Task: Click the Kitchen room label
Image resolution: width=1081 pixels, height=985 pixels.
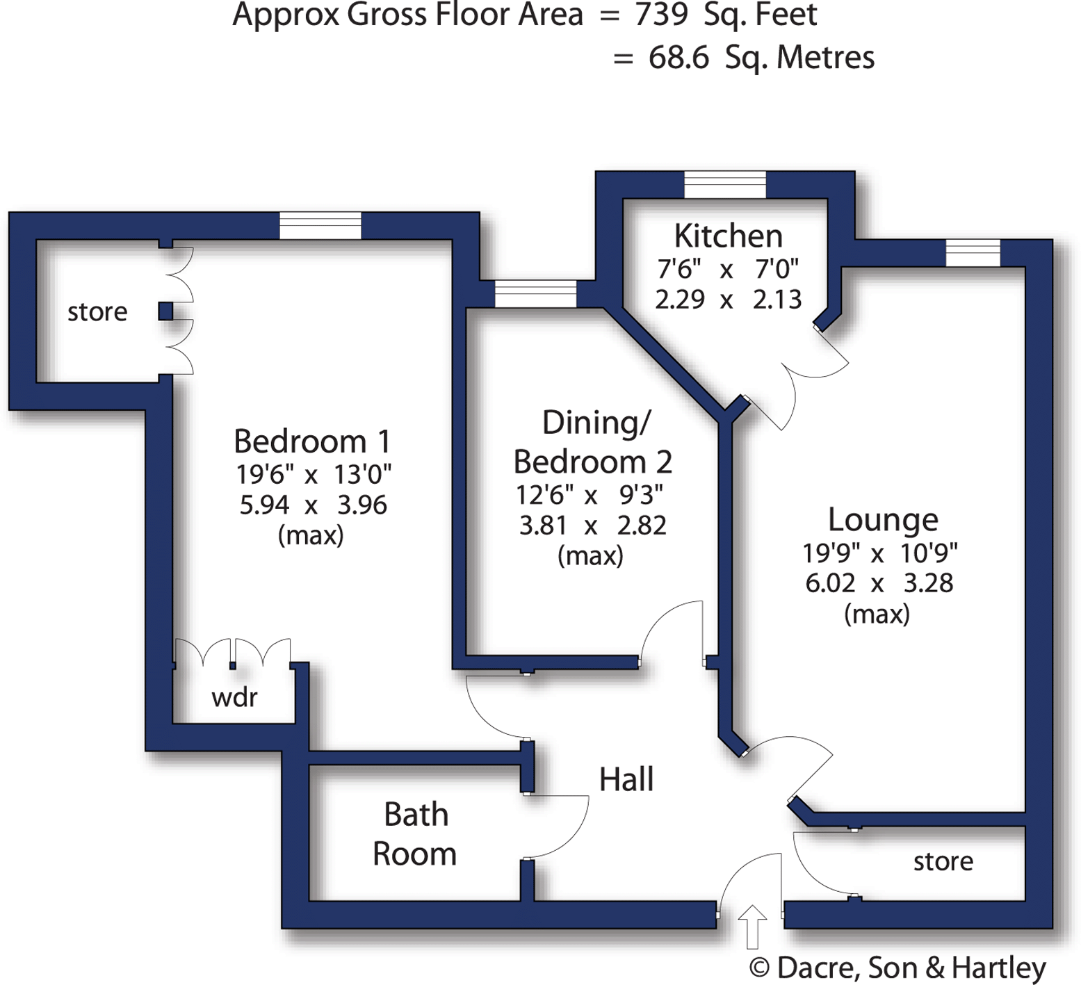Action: (x=728, y=236)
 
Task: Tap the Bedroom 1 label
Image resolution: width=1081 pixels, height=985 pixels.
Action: (x=312, y=441)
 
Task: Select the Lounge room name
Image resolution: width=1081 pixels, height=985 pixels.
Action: (x=882, y=519)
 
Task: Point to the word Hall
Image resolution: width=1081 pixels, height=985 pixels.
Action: (x=626, y=779)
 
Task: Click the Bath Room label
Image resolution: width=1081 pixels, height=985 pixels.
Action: (x=415, y=834)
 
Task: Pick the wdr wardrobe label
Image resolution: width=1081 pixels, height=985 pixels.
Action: (x=234, y=697)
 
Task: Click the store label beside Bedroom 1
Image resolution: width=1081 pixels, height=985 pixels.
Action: (x=97, y=312)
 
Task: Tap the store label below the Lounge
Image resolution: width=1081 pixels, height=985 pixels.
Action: (x=943, y=861)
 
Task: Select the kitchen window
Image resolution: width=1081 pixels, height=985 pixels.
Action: (x=724, y=185)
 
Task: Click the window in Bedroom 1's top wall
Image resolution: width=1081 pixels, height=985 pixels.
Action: (x=320, y=226)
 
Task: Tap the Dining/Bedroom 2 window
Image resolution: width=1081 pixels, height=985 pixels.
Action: (x=535, y=293)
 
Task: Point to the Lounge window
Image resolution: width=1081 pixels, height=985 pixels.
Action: (x=973, y=252)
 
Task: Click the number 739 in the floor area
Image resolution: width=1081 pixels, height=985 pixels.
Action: (x=661, y=15)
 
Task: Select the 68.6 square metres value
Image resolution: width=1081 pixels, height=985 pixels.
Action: (x=678, y=58)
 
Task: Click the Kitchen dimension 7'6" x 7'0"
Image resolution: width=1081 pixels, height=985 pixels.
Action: (x=728, y=269)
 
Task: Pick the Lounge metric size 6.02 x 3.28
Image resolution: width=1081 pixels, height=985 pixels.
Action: (x=879, y=583)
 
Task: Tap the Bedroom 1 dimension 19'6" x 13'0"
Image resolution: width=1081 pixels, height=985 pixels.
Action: (x=313, y=475)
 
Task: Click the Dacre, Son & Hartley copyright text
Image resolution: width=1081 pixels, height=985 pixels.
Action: (x=897, y=968)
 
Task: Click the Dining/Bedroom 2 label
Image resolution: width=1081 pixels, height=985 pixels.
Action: (x=592, y=442)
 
